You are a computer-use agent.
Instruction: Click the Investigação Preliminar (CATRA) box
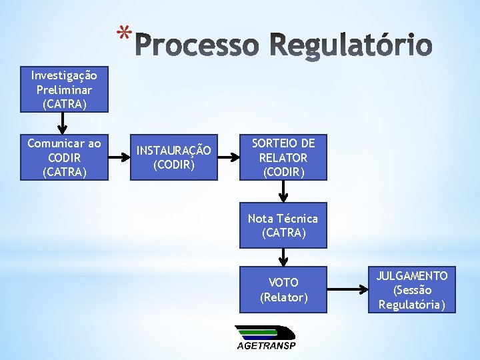click(x=63, y=90)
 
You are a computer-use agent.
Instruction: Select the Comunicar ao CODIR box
click(x=63, y=158)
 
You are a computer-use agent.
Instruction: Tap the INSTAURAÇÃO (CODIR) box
click(x=173, y=158)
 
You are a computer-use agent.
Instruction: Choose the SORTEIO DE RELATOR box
click(x=283, y=158)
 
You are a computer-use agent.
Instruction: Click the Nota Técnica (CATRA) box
click(x=283, y=225)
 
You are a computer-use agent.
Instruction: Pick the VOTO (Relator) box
click(x=283, y=290)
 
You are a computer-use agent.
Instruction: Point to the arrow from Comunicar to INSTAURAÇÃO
click(x=118, y=158)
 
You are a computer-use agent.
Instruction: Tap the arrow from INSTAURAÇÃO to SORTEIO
click(x=228, y=158)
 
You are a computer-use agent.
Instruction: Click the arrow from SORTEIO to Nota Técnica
click(x=283, y=191)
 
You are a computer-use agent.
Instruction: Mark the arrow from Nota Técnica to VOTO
click(x=283, y=257)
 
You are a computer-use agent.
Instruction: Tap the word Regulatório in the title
click(x=351, y=45)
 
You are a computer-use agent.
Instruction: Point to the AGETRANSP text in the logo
click(x=266, y=345)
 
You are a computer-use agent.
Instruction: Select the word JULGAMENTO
click(x=412, y=275)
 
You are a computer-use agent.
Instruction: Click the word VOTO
click(x=283, y=283)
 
